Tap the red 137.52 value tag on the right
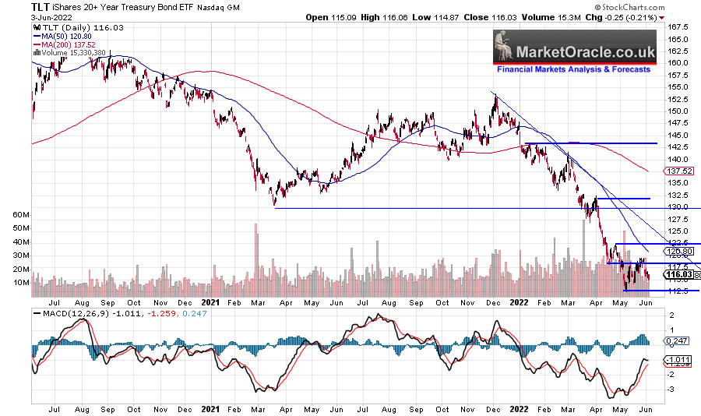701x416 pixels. click(x=680, y=171)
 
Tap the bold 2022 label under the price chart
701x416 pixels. click(x=520, y=300)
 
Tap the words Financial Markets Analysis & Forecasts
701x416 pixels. click(x=574, y=69)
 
